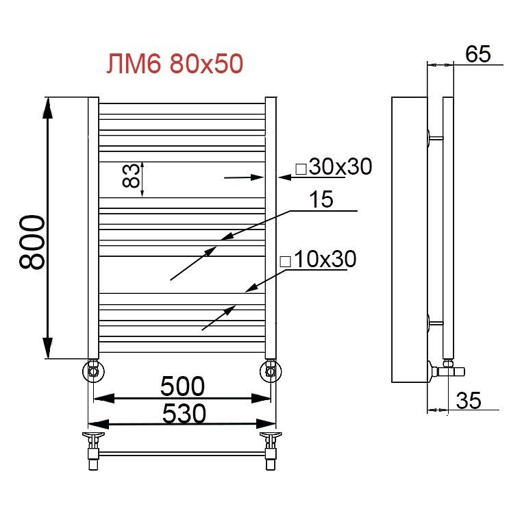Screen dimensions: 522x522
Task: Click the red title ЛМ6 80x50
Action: (x=175, y=64)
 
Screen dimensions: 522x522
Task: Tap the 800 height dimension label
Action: (x=32, y=242)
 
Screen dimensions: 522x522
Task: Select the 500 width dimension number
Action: (x=182, y=386)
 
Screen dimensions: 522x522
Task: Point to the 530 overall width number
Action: (x=184, y=414)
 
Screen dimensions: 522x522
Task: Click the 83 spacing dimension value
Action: (x=130, y=175)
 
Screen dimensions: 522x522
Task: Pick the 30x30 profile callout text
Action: (x=340, y=166)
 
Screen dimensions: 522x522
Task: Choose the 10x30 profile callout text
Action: (x=325, y=259)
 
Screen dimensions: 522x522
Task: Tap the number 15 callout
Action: (x=321, y=199)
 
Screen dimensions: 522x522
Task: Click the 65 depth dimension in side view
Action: (x=477, y=54)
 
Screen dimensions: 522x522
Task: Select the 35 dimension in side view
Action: (x=469, y=400)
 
